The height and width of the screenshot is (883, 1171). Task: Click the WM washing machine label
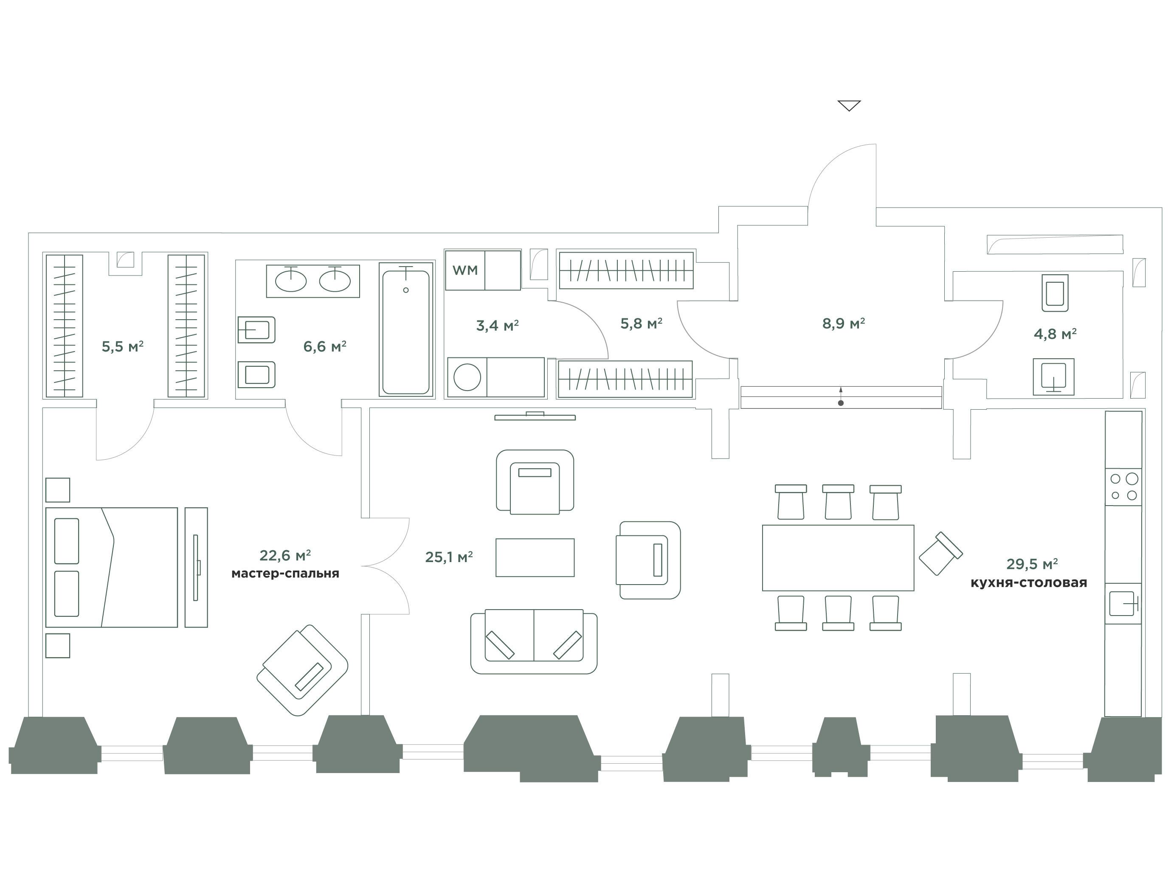point(465,270)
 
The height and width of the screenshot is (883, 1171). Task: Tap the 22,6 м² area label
point(285,555)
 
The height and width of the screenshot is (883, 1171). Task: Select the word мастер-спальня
point(285,574)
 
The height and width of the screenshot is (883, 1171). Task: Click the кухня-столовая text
point(1029,582)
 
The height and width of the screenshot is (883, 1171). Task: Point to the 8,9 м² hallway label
point(843,323)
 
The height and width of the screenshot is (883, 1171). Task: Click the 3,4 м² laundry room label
point(497,325)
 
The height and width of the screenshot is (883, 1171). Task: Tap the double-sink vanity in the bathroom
point(313,281)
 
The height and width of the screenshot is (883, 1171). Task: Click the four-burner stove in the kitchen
point(1123,486)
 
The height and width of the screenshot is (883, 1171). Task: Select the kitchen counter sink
point(1122,604)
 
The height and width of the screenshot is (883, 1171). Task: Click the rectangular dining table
point(838,557)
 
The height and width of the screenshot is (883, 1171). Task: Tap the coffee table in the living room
point(535,557)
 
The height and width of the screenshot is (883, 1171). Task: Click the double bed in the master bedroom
point(112,567)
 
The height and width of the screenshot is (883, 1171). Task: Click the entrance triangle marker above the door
point(849,105)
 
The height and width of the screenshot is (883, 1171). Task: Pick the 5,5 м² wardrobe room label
point(123,346)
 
